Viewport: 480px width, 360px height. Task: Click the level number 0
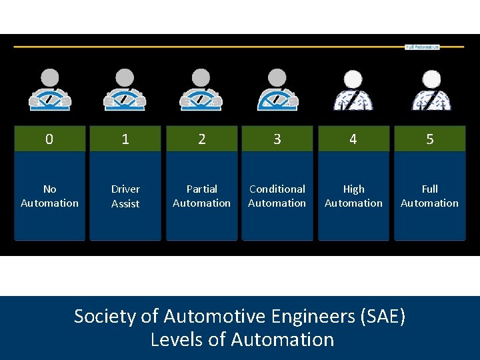(x=49, y=139)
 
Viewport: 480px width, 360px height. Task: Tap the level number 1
(x=125, y=139)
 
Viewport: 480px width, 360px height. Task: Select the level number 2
(x=201, y=139)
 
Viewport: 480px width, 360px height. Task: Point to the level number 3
(x=277, y=139)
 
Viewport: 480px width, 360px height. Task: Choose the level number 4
(x=353, y=139)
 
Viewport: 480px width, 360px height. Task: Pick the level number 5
(x=429, y=139)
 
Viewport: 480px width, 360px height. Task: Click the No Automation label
(x=49, y=196)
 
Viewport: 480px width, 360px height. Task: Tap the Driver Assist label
(x=125, y=196)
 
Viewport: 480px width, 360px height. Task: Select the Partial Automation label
(x=201, y=196)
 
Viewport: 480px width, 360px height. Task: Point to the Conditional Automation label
(x=277, y=196)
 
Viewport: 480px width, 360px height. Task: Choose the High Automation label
(x=353, y=196)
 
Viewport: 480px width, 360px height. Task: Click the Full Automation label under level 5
(x=429, y=196)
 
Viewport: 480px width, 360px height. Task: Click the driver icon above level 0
(x=49, y=89)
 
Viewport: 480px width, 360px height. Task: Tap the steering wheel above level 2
(x=201, y=100)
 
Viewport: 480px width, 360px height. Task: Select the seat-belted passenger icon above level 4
(x=353, y=90)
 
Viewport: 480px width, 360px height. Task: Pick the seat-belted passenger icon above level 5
(x=431, y=90)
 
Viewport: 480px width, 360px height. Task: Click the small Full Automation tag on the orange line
(x=422, y=47)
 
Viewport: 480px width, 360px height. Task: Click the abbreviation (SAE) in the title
(x=382, y=316)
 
